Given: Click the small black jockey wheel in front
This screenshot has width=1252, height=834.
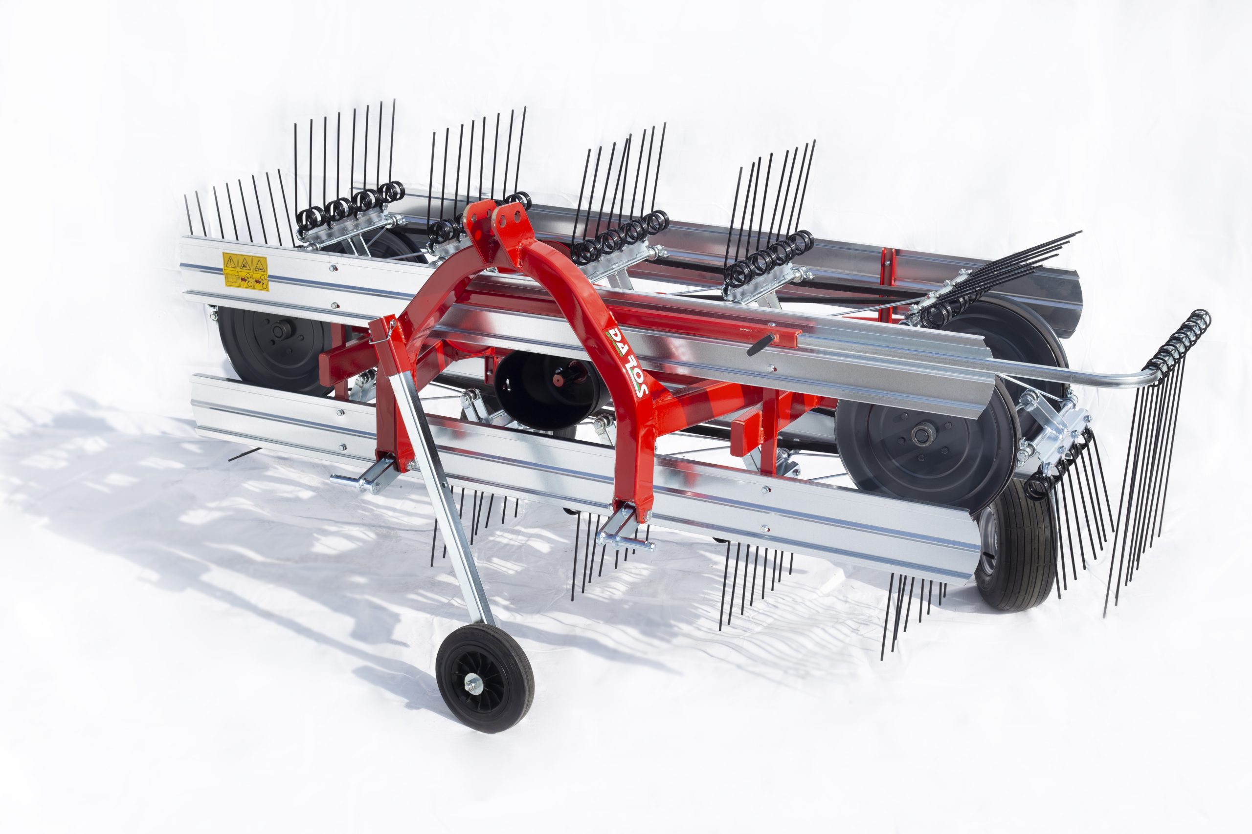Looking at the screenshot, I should tap(484, 678).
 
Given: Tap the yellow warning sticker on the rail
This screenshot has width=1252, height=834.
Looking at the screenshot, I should tap(245, 271).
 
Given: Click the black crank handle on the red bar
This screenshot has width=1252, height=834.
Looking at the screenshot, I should tap(760, 344).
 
